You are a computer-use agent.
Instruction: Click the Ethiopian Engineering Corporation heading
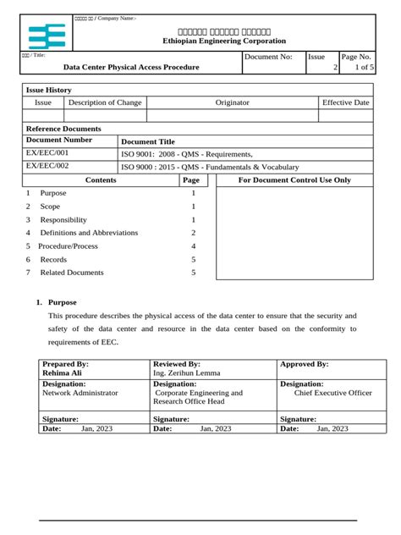click(x=224, y=41)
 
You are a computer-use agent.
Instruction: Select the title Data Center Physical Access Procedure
click(x=132, y=67)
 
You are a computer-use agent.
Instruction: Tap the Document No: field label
click(x=268, y=56)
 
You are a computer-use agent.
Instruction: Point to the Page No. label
click(x=356, y=56)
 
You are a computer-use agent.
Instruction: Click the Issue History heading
click(x=49, y=90)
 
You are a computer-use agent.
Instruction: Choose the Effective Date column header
click(x=345, y=102)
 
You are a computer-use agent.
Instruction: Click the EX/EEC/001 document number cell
click(x=47, y=153)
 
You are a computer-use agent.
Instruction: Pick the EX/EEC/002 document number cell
click(x=47, y=167)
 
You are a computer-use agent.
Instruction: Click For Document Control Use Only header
click(x=294, y=180)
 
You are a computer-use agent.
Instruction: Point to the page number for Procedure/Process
click(x=193, y=245)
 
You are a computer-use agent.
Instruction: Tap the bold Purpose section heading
click(x=62, y=302)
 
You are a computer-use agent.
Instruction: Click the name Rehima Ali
click(x=62, y=372)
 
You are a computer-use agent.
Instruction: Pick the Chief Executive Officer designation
click(x=332, y=393)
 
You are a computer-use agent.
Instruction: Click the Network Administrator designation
click(x=80, y=393)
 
